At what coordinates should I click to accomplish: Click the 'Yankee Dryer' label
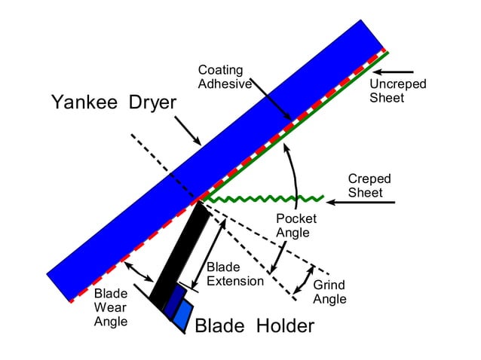pyautogui.click(x=113, y=102)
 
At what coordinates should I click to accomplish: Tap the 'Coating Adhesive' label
pyautogui.click(x=224, y=77)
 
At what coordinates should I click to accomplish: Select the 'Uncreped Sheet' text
pyautogui.click(x=397, y=90)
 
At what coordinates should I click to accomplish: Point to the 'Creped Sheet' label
pyautogui.click(x=369, y=185)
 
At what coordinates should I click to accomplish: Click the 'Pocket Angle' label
pyautogui.click(x=296, y=225)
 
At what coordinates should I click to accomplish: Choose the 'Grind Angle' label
pyautogui.click(x=329, y=292)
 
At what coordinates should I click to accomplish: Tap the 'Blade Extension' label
pyautogui.click(x=234, y=274)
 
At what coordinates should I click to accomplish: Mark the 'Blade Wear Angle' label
pyautogui.click(x=110, y=307)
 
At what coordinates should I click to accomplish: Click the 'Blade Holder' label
pyautogui.click(x=254, y=325)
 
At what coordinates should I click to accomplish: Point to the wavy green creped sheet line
pyautogui.click(x=264, y=200)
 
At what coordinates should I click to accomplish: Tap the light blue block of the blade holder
pyautogui.click(x=182, y=316)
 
